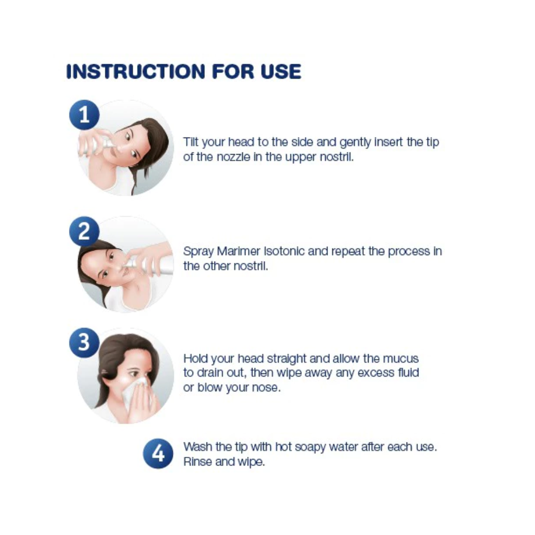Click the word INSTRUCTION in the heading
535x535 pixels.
[x=135, y=72]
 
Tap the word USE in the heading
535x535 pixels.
[x=281, y=72]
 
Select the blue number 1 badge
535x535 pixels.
[x=85, y=114]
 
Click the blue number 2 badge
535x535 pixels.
[x=85, y=231]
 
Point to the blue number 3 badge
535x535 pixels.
[x=85, y=342]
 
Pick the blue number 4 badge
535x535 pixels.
[x=158, y=454]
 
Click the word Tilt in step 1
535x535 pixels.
[x=191, y=142]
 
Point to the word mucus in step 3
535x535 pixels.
[x=401, y=358]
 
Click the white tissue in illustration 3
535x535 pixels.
[x=136, y=392]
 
